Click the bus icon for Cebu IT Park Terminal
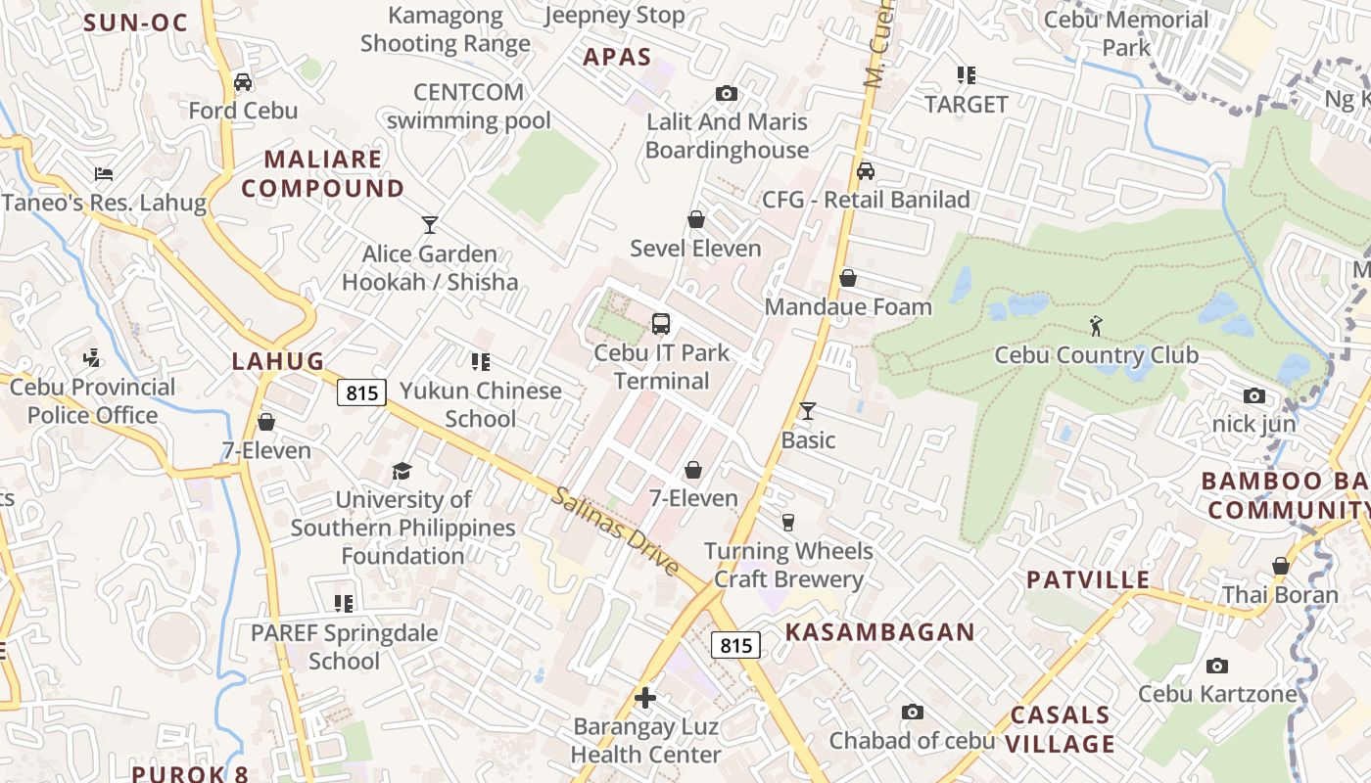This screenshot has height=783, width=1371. coord(661,323)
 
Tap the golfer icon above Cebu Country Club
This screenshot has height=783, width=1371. coord(1096,326)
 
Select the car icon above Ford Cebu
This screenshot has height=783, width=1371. coord(243,81)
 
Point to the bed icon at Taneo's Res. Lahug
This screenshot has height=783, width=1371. coord(104,174)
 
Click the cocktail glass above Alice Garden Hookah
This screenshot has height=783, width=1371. coord(429,225)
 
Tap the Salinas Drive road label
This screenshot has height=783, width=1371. coord(616,531)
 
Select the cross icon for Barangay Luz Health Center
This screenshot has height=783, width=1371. coord(645,698)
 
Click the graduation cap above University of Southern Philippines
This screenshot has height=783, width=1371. coord(402,472)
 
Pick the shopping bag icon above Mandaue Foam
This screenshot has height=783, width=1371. coord(848,278)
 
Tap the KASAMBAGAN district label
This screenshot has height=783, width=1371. coord(880,632)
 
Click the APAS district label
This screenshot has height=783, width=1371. coord(617,57)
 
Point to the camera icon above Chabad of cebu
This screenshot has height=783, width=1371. coord(913,712)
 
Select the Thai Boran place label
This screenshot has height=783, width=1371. coord(1280,595)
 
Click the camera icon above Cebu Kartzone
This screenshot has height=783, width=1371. coord(1217,666)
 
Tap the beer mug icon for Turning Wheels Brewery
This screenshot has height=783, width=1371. coord(788,522)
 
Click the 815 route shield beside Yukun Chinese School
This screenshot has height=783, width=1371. coord(362,392)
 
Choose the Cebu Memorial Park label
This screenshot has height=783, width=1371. coord(1126,33)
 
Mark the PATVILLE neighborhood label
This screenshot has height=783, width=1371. coord(1088,579)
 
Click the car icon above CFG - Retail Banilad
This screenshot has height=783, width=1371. coord(866,171)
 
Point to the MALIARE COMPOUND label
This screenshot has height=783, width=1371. coord(323,173)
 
